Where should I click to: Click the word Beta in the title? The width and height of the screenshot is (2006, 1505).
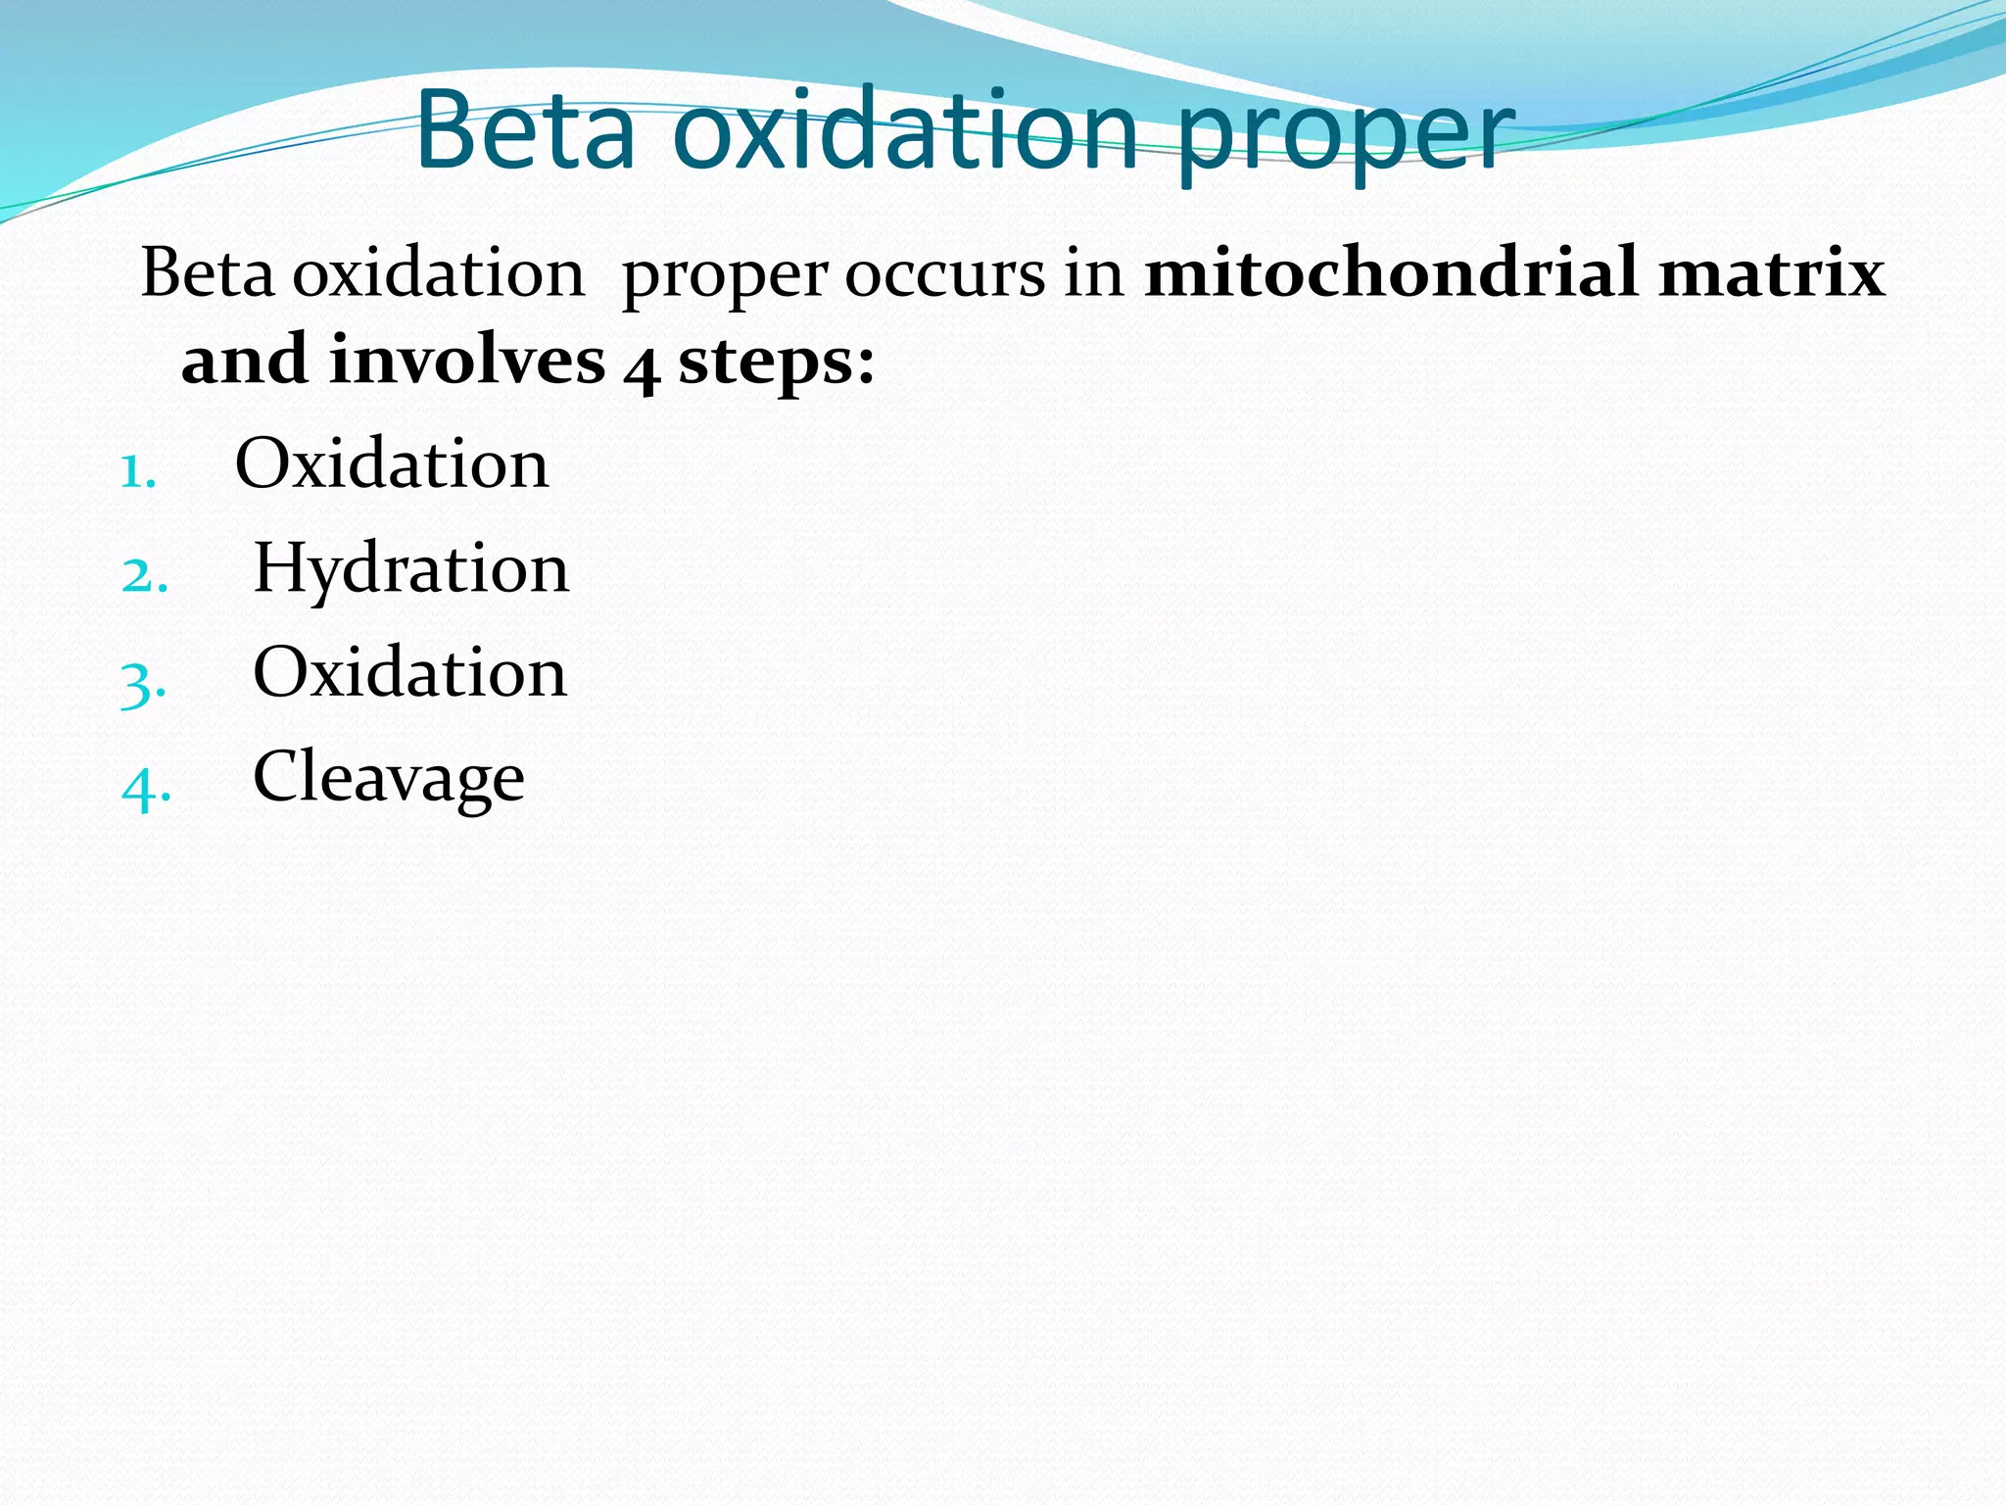(x=527, y=130)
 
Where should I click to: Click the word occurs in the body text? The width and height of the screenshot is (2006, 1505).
(x=945, y=274)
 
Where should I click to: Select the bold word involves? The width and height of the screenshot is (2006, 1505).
(x=467, y=360)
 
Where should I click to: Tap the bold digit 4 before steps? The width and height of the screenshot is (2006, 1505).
(x=642, y=366)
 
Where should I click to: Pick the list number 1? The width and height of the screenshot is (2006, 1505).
(x=137, y=472)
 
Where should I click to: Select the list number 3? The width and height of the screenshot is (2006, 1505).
(x=143, y=682)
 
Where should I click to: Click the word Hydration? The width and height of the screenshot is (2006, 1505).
(x=410, y=569)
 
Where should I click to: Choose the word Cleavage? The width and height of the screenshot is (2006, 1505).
(x=389, y=777)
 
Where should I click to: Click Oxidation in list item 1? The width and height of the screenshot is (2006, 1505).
(x=392, y=463)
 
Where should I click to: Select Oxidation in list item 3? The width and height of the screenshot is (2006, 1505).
(x=409, y=673)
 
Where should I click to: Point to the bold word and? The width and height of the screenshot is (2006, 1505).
(x=244, y=360)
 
